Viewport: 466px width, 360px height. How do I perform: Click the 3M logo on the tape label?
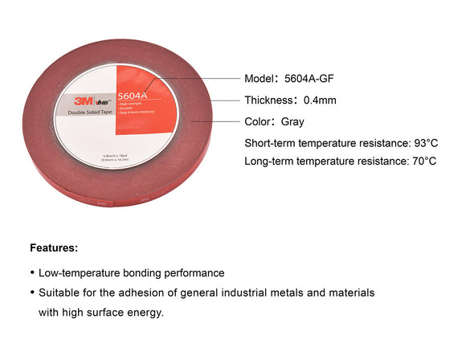pyautogui.click(x=79, y=102)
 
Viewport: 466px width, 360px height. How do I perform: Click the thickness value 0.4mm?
pyautogui.click(x=321, y=100)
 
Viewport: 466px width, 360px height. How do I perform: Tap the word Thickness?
pyautogui.click(x=269, y=100)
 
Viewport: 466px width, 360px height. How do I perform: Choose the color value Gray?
pyautogui.click(x=293, y=122)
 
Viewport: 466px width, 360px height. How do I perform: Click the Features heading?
pyautogui.click(x=54, y=247)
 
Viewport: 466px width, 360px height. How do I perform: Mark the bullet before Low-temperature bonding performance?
pyautogui.click(x=32, y=273)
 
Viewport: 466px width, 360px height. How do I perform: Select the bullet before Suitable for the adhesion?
pyautogui.click(x=32, y=293)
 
